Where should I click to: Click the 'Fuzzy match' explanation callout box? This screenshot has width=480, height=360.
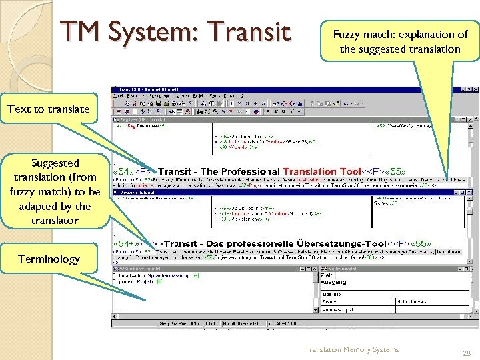click(400, 41)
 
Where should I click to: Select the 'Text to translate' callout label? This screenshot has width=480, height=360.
click(49, 109)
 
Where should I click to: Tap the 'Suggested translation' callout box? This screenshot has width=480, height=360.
click(55, 191)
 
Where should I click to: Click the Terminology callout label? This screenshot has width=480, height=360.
click(49, 259)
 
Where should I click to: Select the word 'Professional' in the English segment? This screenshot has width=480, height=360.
click(250, 171)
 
